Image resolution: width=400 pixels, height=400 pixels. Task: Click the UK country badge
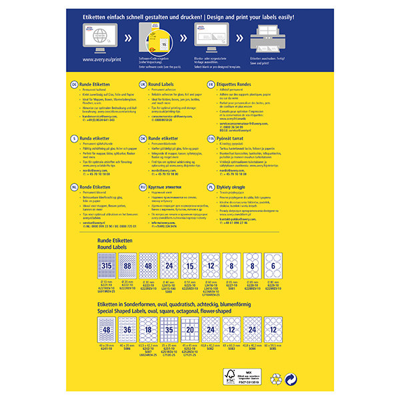[143, 85]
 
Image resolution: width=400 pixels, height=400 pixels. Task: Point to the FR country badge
[211, 85]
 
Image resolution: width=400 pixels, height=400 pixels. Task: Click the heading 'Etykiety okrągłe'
[235, 189]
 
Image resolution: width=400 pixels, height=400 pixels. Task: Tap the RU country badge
[143, 189]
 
